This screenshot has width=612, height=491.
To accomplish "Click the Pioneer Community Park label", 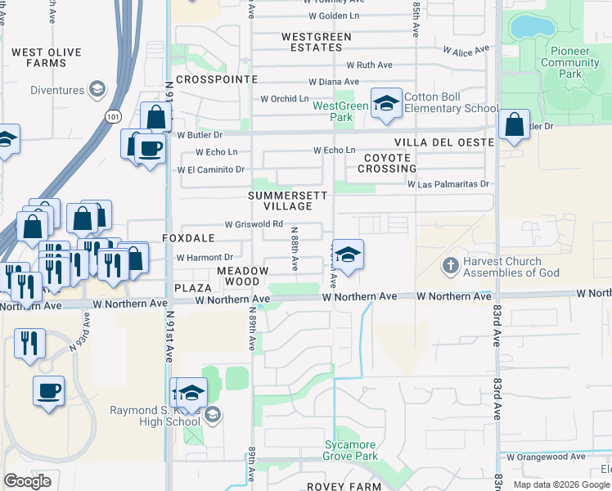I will (569, 62).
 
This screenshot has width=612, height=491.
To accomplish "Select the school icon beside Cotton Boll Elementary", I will (386, 102).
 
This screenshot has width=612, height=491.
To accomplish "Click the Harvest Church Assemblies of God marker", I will (450, 266).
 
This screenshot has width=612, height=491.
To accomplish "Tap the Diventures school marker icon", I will (97, 89).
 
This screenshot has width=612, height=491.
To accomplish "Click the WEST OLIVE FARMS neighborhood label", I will (46, 57).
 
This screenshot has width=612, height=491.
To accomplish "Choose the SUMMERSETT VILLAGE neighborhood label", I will (289, 201).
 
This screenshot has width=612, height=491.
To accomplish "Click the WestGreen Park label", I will (340, 111).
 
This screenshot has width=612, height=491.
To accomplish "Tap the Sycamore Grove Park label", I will (350, 450).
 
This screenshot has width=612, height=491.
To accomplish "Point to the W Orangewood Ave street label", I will (547, 457).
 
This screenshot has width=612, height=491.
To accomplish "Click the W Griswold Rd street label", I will (254, 223).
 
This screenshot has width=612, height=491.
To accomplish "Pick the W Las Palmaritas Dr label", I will (448, 184).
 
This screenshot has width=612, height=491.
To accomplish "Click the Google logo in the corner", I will (27, 481).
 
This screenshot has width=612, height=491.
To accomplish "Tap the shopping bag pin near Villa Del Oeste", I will (514, 125).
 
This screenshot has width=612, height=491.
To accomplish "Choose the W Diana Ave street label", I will (334, 82).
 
